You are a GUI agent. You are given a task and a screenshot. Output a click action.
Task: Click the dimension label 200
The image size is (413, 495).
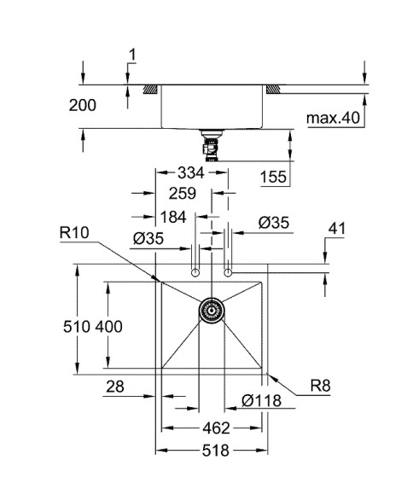[x=84, y=105]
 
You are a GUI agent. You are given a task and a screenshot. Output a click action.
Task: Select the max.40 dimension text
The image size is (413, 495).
[x=334, y=116]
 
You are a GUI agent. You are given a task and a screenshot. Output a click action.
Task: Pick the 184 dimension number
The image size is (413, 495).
[x=173, y=217]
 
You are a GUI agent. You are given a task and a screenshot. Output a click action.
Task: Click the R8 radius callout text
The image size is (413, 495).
[x=320, y=386]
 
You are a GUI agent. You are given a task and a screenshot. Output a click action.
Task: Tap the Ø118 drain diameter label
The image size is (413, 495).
[x=259, y=399]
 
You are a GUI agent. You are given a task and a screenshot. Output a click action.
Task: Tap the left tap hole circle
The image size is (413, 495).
[x=196, y=273]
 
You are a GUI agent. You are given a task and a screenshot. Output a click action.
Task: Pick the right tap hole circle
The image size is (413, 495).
[x=228, y=273]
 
